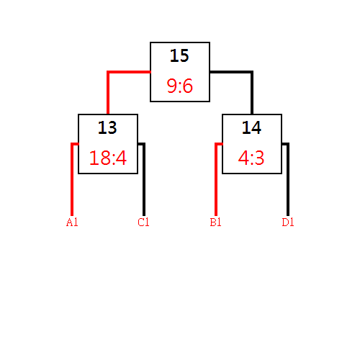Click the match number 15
(179, 55)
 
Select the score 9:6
(180, 86)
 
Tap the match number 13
(107, 127)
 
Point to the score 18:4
(108, 158)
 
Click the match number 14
(251, 127)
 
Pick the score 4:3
(251, 158)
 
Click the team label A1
(72, 222)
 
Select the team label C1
(143, 222)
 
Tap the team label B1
(215, 222)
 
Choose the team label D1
(288, 222)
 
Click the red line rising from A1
(72, 179)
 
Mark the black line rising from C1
(144, 179)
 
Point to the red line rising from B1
(216, 179)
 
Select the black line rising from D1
(288, 179)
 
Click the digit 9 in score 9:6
(171, 86)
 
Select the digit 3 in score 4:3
(259, 158)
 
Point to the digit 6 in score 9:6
(188, 86)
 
